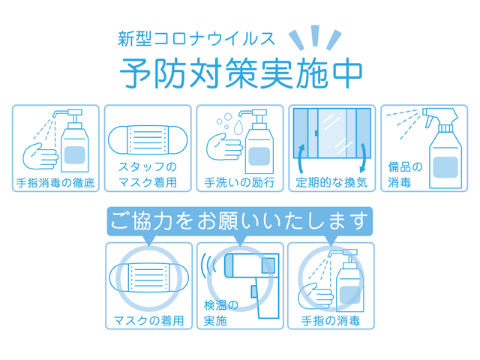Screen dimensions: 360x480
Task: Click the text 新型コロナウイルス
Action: point(197,37)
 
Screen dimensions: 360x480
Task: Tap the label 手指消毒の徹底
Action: point(56,182)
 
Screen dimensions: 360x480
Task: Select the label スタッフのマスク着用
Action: point(148,174)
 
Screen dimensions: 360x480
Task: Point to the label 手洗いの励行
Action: point(240,182)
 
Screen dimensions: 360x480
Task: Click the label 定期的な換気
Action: point(331,182)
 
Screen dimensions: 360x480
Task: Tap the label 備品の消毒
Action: point(405,174)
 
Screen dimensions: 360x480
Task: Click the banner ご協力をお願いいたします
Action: point(240,221)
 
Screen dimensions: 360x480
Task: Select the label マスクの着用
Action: point(148,320)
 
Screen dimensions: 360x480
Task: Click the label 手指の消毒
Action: point(331,320)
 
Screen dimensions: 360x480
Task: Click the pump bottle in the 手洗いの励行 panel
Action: point(258,142)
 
